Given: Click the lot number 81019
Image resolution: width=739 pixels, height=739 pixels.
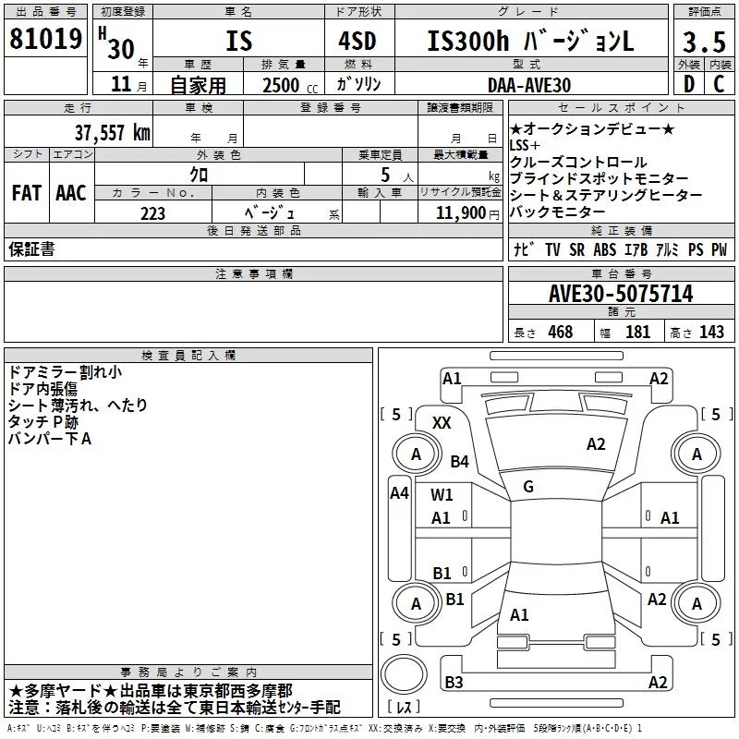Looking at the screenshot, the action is coord(44,40).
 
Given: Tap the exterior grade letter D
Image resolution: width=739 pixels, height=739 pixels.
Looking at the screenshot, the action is coord(688,84).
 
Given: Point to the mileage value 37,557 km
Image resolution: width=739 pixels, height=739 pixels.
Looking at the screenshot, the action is coord(112,133).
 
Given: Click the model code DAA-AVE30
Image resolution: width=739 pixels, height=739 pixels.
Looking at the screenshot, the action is coord(528,85).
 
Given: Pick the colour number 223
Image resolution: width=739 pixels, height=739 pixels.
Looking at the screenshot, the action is coord(152,213).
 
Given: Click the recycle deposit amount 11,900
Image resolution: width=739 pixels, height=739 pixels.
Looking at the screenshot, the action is coord(459,213).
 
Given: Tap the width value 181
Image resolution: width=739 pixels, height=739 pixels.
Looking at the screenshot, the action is coord(637,333).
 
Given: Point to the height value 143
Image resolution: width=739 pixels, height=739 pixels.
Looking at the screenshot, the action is coord(711,333).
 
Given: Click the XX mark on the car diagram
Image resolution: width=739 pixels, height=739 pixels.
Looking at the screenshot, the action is coord(442,423).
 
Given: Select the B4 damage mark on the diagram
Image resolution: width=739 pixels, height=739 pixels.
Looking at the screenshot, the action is coord(459,461).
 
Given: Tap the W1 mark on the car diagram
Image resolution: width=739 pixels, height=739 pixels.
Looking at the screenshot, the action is coord(442,494).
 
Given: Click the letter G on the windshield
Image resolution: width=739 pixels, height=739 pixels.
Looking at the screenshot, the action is coord(527,487).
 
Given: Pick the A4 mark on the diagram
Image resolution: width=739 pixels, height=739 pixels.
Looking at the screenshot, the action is coord(399,493).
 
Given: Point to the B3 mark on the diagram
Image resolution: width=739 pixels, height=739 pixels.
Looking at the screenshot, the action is coord(454,683).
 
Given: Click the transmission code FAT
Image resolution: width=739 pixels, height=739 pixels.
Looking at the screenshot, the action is coord(26,192).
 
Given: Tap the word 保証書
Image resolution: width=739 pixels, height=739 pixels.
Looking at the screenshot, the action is coord(31,248).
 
